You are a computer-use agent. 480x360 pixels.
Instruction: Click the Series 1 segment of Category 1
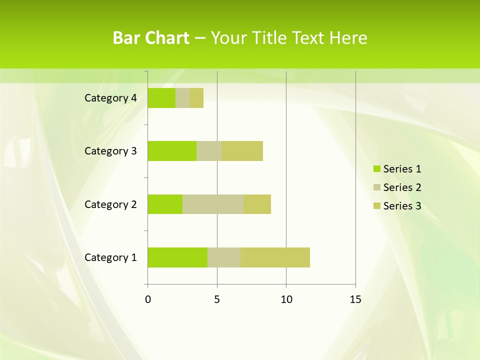pyautogui.click(x=177, y=257)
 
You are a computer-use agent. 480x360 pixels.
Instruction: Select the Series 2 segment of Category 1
pyautogui.click(x=224, y=257)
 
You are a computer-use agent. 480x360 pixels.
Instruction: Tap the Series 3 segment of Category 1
pyautogui.click(x=275, y=257)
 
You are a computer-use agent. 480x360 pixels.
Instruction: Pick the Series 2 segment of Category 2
pyautogui.click(x=213, y=204)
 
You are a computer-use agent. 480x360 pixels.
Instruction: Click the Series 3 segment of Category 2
pyautogui.click(x=257, y=204)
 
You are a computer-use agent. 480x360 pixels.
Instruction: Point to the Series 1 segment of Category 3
pyautogui.click(x=172, y=151)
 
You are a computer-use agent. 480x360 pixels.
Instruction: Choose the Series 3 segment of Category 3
pyautogui.click(x=242, y=151)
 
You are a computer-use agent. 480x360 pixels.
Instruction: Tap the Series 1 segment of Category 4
pyautogui.click(x=161, y=98)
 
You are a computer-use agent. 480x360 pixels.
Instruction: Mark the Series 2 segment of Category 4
pyautogui.click(x=182, y=98)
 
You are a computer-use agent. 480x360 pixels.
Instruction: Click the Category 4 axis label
pyautogui.click(x=110, y=98)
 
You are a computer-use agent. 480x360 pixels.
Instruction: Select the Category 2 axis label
pyautogui.click(x=110, y=204)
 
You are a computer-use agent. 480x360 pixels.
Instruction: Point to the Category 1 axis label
pyautogui.click(x=110, y=257)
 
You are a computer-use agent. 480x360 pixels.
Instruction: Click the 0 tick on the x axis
pyautogui.click(x=148, y=299)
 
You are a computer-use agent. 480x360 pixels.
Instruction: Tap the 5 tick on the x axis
pyautogui.click(x=217, y=299)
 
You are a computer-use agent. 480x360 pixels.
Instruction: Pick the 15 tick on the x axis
pyautogui.click(x=355, y=299)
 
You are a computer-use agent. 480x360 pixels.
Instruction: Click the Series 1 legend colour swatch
pyautogui.click(x=376, y=169)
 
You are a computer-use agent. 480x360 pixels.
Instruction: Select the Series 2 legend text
pyautogui.click(x=402, y=187)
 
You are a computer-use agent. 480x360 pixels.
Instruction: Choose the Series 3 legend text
pyautogui.click(x=402, y=206)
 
